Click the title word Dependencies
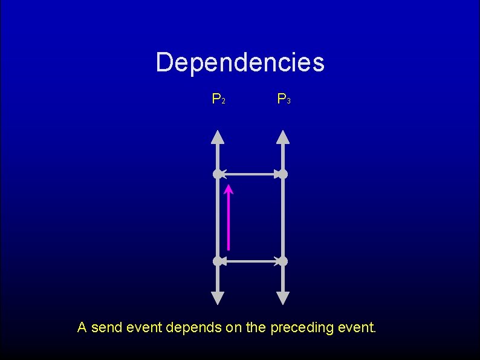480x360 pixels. point(240,62)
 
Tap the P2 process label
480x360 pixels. point(218,98)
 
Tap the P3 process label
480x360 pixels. point(284,98)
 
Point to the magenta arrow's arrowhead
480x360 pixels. point(229,189)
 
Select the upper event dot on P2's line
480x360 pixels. point(218,174)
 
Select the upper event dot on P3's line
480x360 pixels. point(283,174)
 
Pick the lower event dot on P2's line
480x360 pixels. point(218,261)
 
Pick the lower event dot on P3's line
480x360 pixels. point(283,261)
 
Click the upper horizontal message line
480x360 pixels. point(250,174)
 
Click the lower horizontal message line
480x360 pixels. point(250,261)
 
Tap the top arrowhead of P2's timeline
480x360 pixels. point(218,136)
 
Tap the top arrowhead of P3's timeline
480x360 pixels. point(283,136)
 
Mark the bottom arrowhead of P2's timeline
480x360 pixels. point(218,298)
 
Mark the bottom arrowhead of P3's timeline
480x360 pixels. point(283,298)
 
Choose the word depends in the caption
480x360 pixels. point(193,329)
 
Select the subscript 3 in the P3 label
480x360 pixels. point(288,100)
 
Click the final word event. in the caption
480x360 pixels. point(357,328)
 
